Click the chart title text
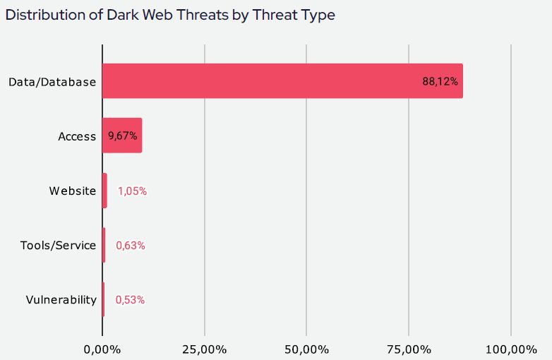(x=170, y=15)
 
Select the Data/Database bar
(x=282, y=81)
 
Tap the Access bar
(x=122, y=136)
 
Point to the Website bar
(x=104, y=191)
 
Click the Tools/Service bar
(x=104, y=245)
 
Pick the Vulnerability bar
(x=103, y=299)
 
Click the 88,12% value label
(x=440, y=81)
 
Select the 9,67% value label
(x=122, y=136)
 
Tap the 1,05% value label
(x=132, y=191)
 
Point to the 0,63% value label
(x=131, y=245)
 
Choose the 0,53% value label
(x=130, y=299)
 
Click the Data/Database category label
(x=52, y=82)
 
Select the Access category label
(x=77, y=136)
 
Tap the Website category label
(x=72, y=191)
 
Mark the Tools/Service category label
(x=58, y=245)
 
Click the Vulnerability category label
(x=61, y=299)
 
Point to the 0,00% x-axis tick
(x=102, y=349)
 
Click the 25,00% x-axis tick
(x=205, y=349)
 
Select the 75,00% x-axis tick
(x=409, y=349)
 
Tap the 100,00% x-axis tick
(x=511, y=349)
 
